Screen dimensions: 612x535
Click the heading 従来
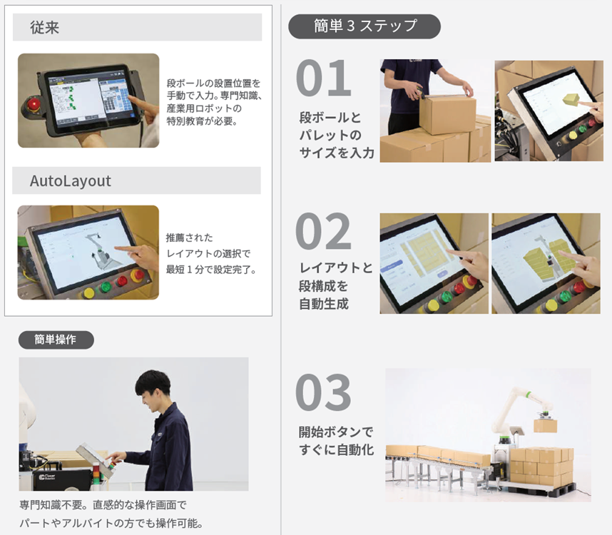point(44,27)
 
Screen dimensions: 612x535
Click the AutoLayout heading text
point(70,180)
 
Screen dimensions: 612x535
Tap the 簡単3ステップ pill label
point(364,26)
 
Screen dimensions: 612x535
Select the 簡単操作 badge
point(56,340)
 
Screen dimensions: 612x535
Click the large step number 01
point(324,78)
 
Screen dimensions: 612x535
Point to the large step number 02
point(324,231)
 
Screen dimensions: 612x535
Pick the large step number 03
point(324,392)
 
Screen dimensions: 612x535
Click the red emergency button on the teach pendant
point(34,105)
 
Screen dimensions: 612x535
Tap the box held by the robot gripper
point(545,424)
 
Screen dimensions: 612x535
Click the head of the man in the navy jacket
point(153,389)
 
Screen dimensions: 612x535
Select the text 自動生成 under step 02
point(324,304)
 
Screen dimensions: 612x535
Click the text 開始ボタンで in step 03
point(336,432)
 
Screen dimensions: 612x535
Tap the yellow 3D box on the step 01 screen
point(572,99)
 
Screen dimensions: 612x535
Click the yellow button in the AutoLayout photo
point(89,292)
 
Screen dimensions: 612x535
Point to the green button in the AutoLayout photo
point(106,287)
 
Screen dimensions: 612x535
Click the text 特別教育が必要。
point(202,121)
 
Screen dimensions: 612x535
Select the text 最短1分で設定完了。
point(211,269)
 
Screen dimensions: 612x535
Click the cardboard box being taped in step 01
point(447,114)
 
